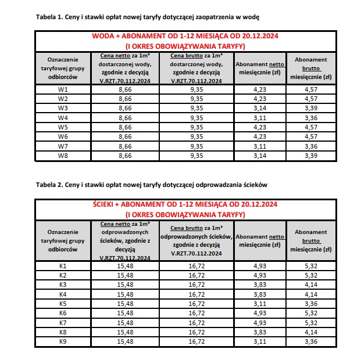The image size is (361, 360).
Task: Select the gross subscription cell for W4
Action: [311, 117]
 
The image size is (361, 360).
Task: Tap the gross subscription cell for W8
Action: [311, 156]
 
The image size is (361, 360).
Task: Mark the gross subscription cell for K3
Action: [311, 285]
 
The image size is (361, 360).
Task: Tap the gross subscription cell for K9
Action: [311, 341]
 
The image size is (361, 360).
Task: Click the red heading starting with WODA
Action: [185, 37]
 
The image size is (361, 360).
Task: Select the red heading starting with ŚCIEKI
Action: [185, 204]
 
